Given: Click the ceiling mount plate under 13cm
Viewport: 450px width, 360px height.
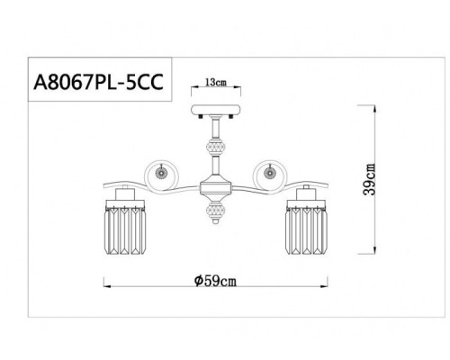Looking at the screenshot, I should pos(214,114).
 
